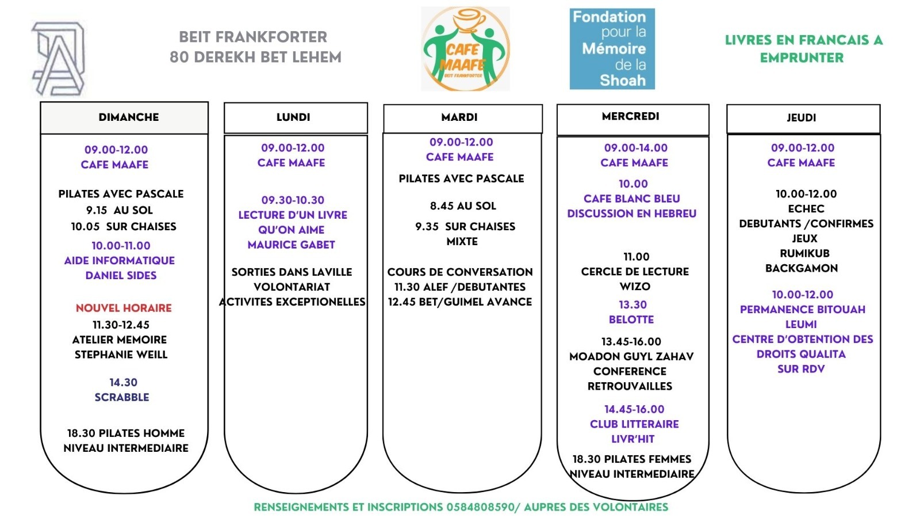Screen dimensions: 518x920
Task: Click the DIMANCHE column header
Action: coord(128,117)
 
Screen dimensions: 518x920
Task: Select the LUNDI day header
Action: coord(293,117)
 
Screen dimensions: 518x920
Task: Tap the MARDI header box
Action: coord(459,117)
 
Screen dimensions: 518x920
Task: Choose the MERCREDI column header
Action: coord(631,116)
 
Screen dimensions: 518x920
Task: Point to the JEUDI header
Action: coord(802,118)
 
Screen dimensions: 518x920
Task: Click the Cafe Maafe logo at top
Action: coord(465,49)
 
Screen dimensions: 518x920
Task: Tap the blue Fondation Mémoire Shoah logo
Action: coord(612,49)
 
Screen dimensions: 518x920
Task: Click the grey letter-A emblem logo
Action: coord(59,59)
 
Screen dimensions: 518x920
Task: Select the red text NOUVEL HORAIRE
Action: coord(124,308)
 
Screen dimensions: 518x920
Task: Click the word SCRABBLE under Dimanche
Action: coord(122,397)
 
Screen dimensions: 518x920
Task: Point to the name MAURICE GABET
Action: coord(291,245)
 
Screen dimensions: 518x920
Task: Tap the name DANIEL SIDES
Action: coord(121,275)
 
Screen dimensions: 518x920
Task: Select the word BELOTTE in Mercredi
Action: coord(631,319)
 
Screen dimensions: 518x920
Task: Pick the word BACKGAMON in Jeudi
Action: coord(802,268)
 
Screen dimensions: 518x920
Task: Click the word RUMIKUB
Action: coord(804,253)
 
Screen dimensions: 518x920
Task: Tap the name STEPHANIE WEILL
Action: coord(121,355)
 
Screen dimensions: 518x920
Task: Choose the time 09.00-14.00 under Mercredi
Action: coord(636,148)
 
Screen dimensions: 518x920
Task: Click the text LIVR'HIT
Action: coord(633,439)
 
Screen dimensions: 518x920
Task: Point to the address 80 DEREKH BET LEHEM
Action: coord(255,57)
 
